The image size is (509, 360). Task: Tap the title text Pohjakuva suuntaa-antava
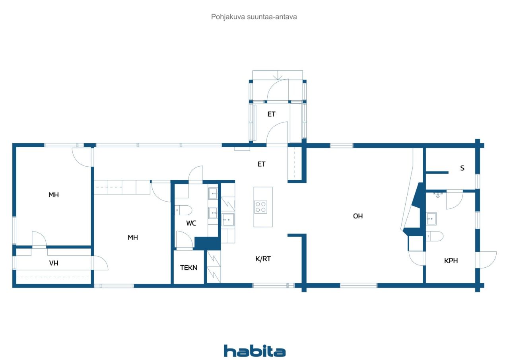(x=254, y=17)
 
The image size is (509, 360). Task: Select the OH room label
(x=358, y=216)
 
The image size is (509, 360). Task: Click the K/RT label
(x=263, y=259)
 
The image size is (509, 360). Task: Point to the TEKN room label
(x=188, y=268)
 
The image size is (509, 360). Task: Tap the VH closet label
(x=54, y=263)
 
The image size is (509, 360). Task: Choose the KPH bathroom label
(x=451, y=261)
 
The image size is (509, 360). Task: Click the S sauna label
(x=462, y=168)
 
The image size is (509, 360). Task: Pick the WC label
(x=191, y=223)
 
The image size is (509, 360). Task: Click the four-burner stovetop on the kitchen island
(x=260, y=207)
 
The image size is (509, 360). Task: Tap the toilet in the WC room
(x=183, y=210)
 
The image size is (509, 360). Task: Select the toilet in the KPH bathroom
(x=435, y=236)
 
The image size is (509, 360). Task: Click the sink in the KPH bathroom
(x=431, y=219)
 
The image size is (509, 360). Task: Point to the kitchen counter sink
(x=228, y=220)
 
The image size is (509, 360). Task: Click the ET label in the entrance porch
(x=271, y=114)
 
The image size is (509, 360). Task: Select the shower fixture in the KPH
(x=438, y=195)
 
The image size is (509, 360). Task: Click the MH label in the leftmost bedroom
(x=54, y=195)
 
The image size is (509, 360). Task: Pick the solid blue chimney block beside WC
(x=207, y=243)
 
